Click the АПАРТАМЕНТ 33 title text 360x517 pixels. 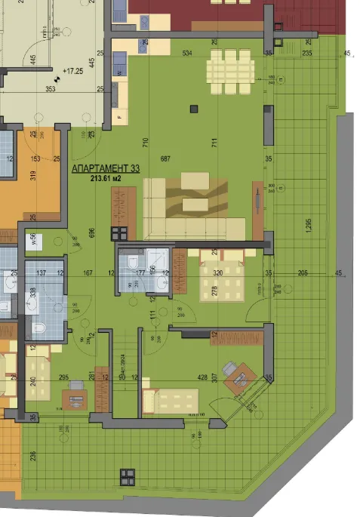click(x=106, y=170)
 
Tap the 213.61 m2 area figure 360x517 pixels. click(x=106, y=180)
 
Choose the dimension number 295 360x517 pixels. click(x=64, y=378)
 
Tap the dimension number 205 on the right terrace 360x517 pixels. click(x=303, y=272)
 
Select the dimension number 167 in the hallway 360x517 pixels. click(x=87, y=272)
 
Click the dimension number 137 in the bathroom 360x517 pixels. click(x=42, y=272)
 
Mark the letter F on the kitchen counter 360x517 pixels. click(x=119, y=118)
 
